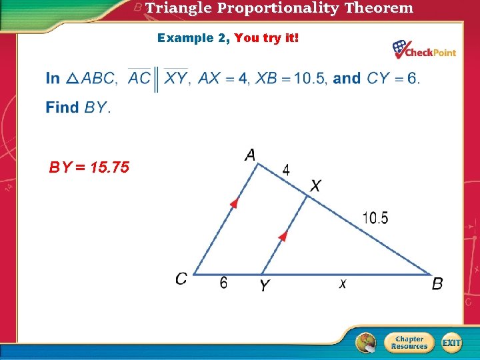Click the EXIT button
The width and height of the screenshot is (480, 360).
[451, 343]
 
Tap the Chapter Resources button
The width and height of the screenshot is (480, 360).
[409, 343]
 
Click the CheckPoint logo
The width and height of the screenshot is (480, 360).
[424, 50]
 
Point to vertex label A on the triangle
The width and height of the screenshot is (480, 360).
[250, 155]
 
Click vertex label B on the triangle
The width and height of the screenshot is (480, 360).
[437, 285]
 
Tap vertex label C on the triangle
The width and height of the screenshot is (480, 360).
[181, 279]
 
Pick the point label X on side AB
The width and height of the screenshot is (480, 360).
[315, 186]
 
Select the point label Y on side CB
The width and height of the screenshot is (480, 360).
[265, 286]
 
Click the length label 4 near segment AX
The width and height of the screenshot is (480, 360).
[286, 169]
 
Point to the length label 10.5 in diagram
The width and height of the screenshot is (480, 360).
[375, 217]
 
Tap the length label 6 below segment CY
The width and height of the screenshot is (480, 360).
[223, 283]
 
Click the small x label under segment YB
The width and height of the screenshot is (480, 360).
[343, 284]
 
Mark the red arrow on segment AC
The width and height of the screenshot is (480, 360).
[233, 203]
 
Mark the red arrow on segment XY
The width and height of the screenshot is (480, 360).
[283, 236]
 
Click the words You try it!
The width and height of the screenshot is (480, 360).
[267, 38]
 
